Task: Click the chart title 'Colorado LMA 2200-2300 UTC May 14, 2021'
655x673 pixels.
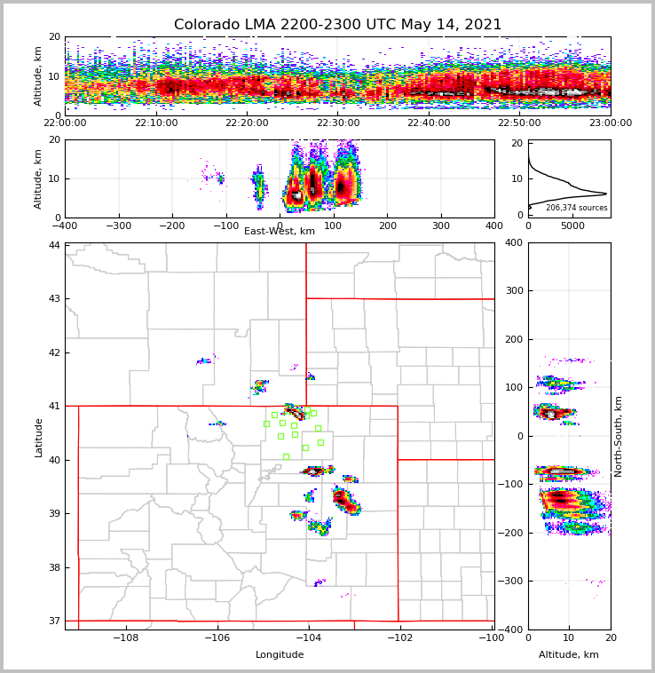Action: (337, 25)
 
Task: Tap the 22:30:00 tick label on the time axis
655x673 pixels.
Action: (338, 123)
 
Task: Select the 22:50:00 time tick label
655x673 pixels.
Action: (519, 123)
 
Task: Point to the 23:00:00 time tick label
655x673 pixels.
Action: (610, 123)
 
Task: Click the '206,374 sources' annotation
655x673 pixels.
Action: (576, 208)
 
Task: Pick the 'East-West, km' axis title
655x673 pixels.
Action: (280, 232)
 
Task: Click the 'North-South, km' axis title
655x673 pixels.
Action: (619, 436)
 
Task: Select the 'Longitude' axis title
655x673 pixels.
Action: (280, 655)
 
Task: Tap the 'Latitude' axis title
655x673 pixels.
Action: (39, 437)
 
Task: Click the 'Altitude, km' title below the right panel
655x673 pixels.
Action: (569, 655)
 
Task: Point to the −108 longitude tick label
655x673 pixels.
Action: (125, 637)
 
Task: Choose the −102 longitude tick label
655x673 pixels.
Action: (399, 637)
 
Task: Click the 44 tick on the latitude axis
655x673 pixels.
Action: (55, 245)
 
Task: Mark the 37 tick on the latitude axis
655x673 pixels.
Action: (55, 621)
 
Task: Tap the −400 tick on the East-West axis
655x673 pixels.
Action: (65, 226)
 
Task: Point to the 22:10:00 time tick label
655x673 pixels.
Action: (156, 123)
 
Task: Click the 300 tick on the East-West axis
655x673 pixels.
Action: (441, 226)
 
